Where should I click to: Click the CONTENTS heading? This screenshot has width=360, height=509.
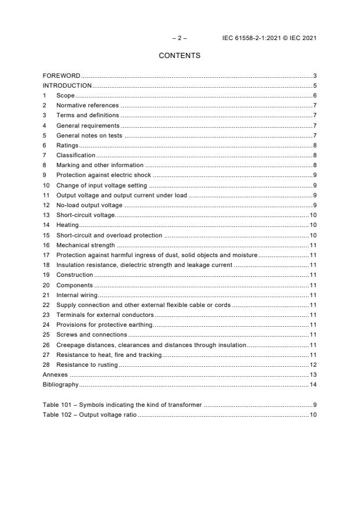[x=179, y=56]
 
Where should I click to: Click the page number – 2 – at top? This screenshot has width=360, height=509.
[x=179, y=38]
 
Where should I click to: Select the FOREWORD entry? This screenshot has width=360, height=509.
[x=62, y=75]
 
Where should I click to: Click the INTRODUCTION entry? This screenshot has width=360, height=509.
[x=67, y=85]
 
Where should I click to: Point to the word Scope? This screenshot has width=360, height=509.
[x=66, y=95]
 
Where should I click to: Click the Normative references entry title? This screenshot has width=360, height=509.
[x=87, y=105]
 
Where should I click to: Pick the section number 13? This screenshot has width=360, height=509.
[x=46, y=215]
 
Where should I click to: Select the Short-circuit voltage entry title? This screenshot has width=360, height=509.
[x=85, y=215]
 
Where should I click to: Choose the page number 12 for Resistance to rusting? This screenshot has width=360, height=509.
[x=312, y=364]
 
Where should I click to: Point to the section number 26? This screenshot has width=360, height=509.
[x=46, y=345]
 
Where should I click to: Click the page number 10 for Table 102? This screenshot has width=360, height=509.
[x=312, y=414]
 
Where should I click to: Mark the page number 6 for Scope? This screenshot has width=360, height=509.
[x=314, y=95]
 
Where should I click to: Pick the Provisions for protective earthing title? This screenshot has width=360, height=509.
[x=104, y=324]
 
